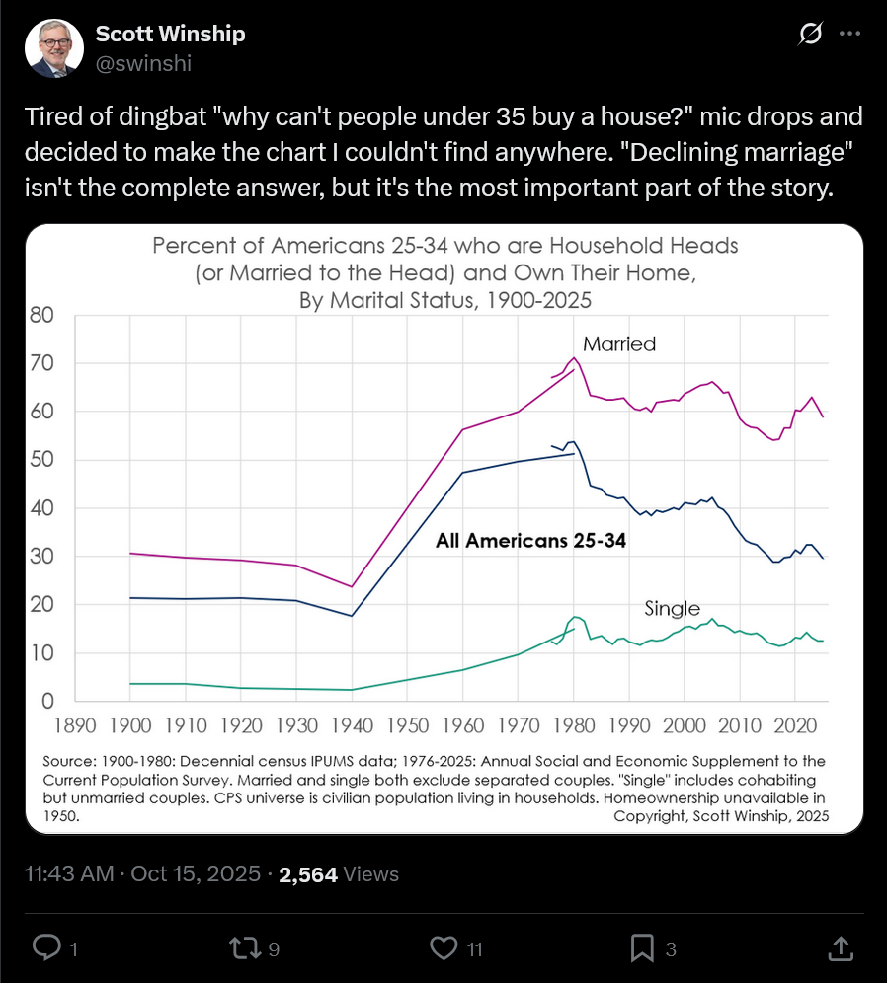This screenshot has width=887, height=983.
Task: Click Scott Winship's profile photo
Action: pyautogui.click(x=55, y=48)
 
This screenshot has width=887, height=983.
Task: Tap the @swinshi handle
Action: pyautogui.click(x=143, y=63)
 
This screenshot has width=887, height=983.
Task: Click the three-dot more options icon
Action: pyautogui.click(x=848, y=34)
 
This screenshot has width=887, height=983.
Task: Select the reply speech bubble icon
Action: pyautogui.click(x=46, y=948)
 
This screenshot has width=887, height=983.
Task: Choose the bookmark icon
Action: pyautogui.click(x=642, y=948)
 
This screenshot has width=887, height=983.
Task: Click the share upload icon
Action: pyautogui.click(x=839, y=948)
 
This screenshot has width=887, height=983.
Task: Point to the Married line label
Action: pyautogui.click(x=619, y=344)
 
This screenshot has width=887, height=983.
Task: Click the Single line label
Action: pyautogui.click(x=672, y=609)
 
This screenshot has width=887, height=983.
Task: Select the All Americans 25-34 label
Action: pyautogui.click(x=531, y=541)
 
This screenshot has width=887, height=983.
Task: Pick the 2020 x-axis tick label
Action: pyautogui.click(x=792, y=726)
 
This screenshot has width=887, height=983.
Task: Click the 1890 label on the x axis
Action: pyautogui.click(x=75, y=726)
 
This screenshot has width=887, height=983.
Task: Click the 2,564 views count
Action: pyautogui.click(x=309, y=874)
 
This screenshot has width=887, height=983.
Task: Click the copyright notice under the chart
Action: pyautogui.click(x=721, y=816)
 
